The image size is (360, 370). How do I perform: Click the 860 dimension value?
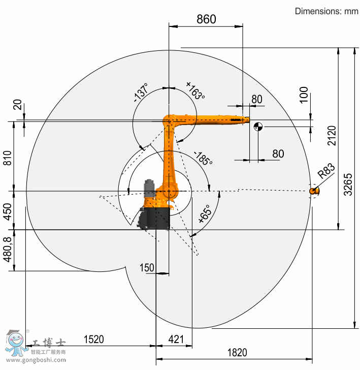[206, 19]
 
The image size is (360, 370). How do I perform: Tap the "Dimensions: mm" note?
[326, 11]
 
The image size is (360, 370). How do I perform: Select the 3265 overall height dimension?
[348, 184]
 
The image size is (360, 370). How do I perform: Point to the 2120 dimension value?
[332, 135]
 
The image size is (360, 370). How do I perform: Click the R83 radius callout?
[326, 171]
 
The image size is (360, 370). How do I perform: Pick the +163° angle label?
[195, 90]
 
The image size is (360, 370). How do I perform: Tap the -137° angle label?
[141, 92]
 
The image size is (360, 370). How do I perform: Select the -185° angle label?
[203, 158]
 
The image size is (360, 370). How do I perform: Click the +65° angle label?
[205, 214]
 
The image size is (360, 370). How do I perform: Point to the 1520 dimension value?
[93, 340]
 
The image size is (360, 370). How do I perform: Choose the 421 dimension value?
[176, 340]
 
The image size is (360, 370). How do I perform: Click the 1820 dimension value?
[237, 353]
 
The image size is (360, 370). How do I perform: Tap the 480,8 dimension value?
[7, 250]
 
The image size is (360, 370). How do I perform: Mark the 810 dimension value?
[7, 158]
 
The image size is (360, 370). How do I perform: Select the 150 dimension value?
[147, 267]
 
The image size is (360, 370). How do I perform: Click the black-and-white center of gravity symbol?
[258, 127]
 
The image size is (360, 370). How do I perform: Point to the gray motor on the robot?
[149, 189]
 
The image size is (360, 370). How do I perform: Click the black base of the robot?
[154, 218]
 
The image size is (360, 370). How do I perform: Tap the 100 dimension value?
[304, 95]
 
